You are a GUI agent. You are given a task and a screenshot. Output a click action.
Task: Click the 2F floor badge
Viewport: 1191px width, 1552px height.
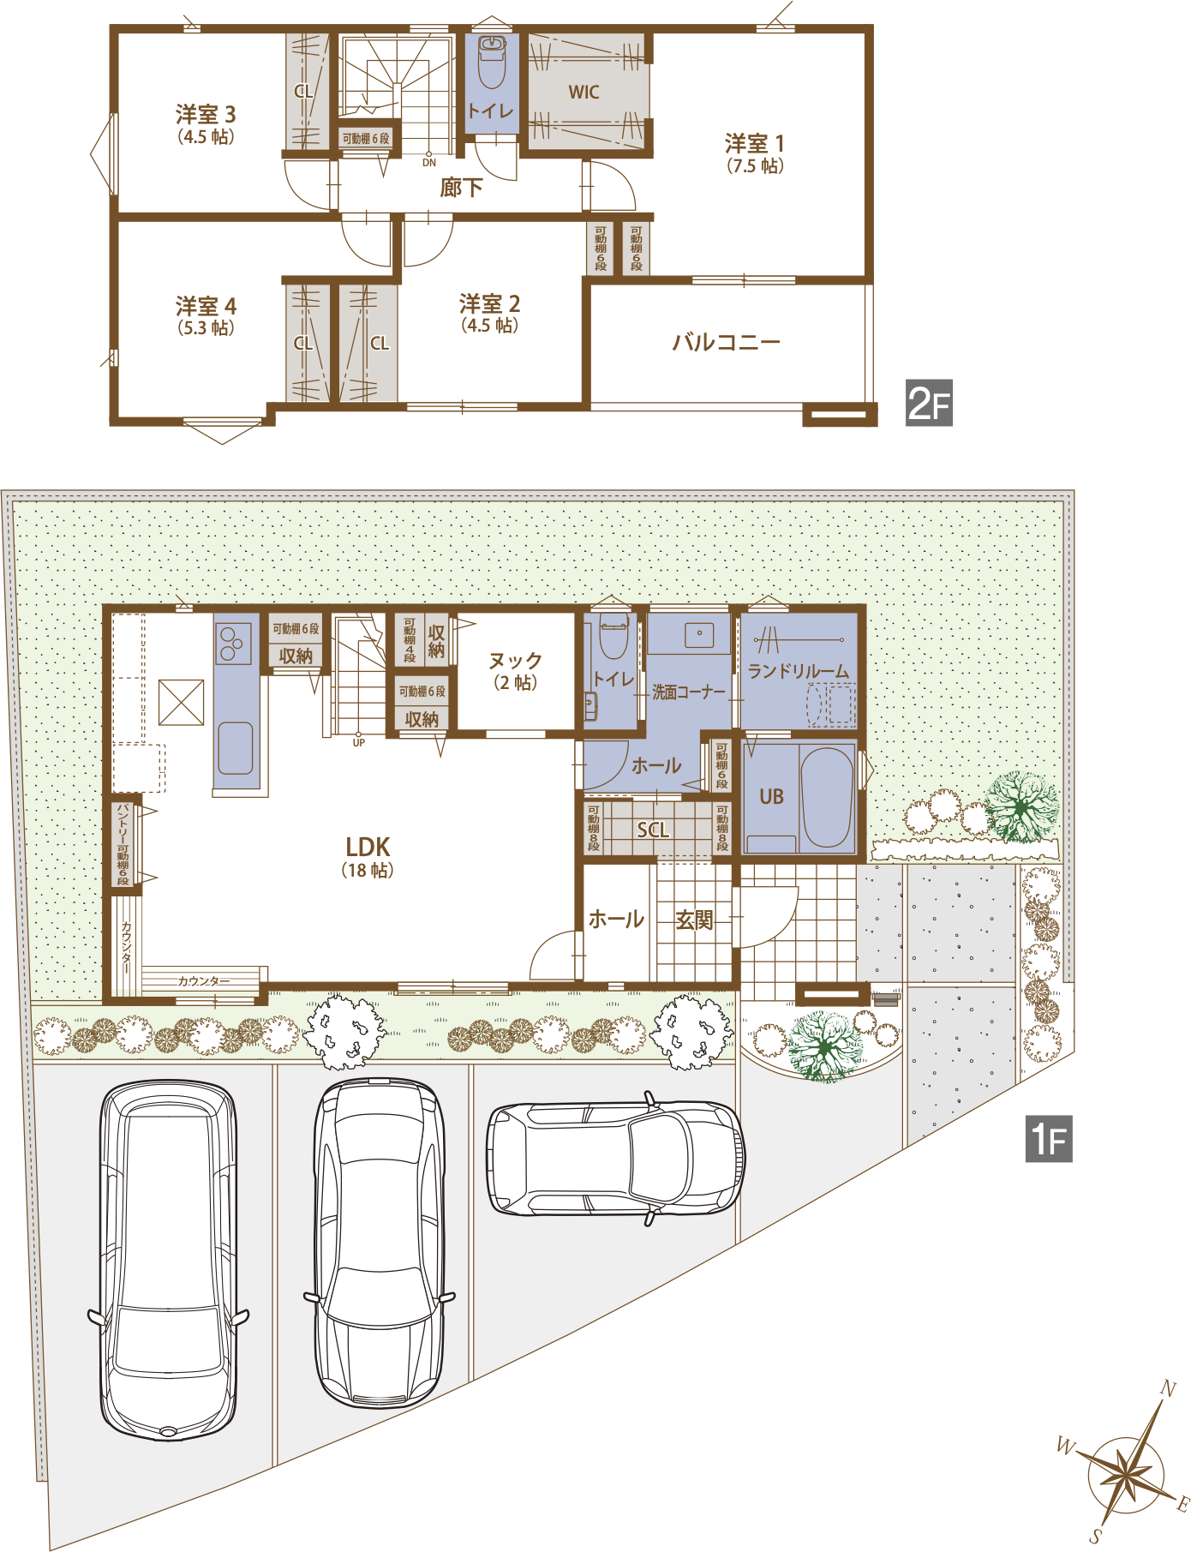pyautogui.click(x=929, y=403)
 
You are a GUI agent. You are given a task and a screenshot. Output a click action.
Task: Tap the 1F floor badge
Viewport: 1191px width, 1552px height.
pyautogui.click(x=1049, y=1139)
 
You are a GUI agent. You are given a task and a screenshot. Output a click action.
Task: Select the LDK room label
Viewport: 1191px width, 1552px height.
pyautogui.click(x=368, y=847)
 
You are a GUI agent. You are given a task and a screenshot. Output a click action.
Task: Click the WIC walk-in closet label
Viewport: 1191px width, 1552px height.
pyautogui.click(x=584, y=93)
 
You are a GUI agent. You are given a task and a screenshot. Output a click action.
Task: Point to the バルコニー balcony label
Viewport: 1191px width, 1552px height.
pyautogui.click(x=726, y=343)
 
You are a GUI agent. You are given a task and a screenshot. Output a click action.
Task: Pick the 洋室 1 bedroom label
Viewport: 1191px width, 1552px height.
pyautogui.click(x=755, y=143)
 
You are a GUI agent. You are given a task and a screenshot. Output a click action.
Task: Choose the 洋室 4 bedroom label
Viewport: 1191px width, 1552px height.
pyautogui.click(x=206, y=306)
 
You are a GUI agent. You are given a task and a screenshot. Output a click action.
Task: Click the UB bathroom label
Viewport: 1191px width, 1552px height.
pyautogui.click(x=771, y=796)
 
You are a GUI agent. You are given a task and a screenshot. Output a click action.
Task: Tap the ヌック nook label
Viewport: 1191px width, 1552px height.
pyautogui.click(x=515, y=661)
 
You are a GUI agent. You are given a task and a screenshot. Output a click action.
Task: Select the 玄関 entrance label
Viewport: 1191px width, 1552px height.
pyautogui.click(x=694, y=920)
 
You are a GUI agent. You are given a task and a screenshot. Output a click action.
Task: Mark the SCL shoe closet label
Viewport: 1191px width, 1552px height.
pyautogui.click(x=653, y=830)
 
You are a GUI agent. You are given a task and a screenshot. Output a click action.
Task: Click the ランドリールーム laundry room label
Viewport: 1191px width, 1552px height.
pyautogui.click(x=799, y=671)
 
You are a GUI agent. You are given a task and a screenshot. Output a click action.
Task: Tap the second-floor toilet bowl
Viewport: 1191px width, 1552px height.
pyautogui.click(x=492, y=63)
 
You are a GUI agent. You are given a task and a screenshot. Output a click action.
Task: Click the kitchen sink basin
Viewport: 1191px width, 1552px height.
pyautogui.click(x=235, y=747)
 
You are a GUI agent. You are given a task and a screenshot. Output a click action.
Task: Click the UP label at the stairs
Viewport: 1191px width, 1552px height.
pyautogui.click(x=358, y=743)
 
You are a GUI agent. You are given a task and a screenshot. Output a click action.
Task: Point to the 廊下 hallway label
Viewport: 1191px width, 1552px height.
pyautogui.click(x=461, y=188)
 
